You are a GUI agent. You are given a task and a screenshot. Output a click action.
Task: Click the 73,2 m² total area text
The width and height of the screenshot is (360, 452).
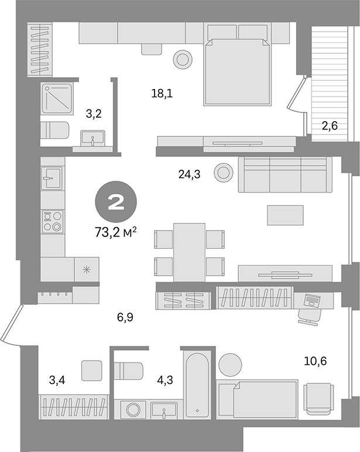tap(115, 232)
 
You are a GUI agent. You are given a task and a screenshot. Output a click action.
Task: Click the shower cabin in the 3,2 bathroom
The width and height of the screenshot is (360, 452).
tap(57, 98)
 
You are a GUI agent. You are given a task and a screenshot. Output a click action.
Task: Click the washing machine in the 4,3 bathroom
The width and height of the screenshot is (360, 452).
tap(132, 408)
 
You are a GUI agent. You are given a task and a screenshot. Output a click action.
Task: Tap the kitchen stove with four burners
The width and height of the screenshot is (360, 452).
tap(53, 222)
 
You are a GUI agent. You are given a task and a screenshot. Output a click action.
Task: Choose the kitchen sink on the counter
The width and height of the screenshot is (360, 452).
tap(53, 176)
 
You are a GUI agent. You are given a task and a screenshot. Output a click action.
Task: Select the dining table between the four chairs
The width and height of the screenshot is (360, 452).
tap(189, 249)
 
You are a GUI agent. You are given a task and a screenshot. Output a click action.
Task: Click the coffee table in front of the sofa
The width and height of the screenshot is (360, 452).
tap(285, 215)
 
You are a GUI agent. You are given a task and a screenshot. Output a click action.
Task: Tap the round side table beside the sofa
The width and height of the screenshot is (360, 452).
tap(223, 172)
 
